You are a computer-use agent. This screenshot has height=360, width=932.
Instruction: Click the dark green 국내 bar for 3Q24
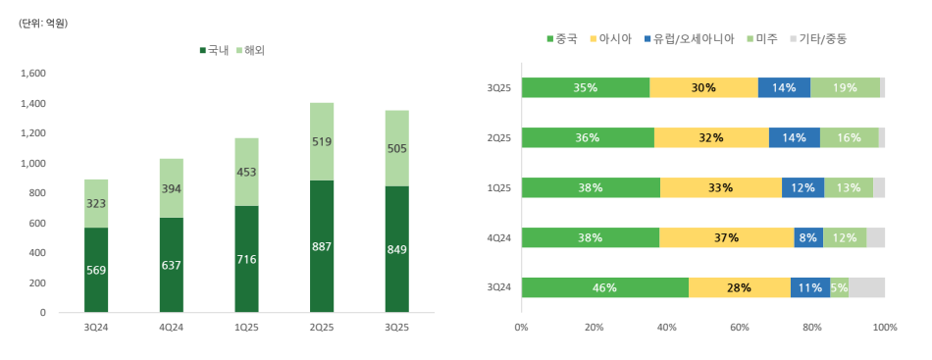(95, 270)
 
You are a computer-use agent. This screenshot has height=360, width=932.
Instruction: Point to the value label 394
(173, 188)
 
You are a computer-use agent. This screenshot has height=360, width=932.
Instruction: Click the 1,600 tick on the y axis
(33, 73)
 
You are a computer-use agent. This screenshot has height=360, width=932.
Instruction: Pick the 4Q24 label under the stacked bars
(173, 327)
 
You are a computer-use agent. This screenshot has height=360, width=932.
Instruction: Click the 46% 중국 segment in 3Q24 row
(604, 287)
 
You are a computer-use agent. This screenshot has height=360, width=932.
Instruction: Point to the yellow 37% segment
(726, 237)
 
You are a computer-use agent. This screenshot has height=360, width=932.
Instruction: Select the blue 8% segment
(808, 237)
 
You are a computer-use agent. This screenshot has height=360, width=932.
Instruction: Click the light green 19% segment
(845, 87)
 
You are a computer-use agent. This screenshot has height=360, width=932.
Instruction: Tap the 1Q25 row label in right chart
(499, 187)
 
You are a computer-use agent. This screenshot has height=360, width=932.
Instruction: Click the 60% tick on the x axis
(739, 327)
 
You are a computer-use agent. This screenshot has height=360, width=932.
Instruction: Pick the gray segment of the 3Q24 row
(866, 287)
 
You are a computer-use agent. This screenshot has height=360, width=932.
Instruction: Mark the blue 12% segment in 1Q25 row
(803, 187)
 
